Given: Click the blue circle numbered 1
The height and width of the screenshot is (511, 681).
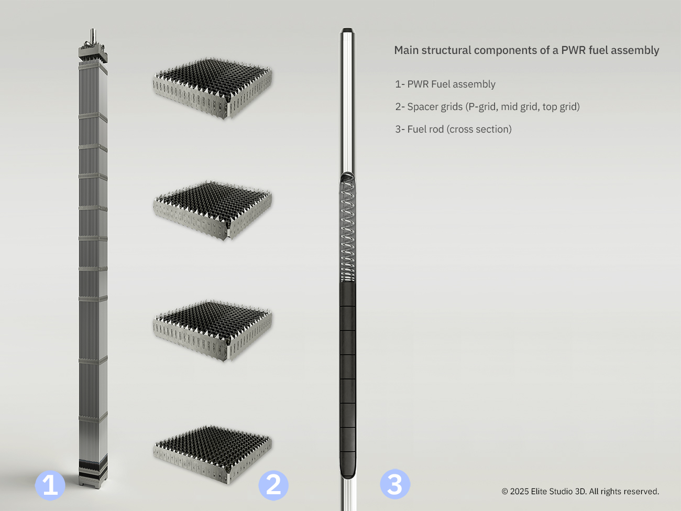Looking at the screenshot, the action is (50, 485).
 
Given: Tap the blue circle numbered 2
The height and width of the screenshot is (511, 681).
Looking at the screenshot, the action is (273, 485).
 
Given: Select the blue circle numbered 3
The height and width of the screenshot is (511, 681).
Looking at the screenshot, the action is (395, 484).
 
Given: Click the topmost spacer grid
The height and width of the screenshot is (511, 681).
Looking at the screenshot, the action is (213, 88).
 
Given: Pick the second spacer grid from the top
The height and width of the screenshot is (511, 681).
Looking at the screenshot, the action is (213, 210).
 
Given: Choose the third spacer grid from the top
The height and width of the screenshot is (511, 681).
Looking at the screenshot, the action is (213, 330).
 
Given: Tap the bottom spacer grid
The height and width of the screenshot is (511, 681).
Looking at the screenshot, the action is (213, 454).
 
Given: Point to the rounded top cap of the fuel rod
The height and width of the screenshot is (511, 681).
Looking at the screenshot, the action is (347, 30).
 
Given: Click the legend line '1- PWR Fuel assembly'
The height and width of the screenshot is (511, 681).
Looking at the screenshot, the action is (445, 84).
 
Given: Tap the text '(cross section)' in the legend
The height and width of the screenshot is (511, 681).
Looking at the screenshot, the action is (479, 129).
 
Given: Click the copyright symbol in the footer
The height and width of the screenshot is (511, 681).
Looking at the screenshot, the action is (505, 492).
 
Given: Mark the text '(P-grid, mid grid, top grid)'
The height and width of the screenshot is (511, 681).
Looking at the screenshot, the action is (523, 107).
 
